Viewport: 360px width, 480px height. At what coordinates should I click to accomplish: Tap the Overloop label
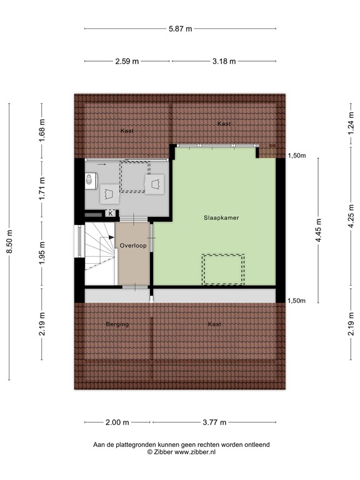pyautogui.click(x=133, y=246)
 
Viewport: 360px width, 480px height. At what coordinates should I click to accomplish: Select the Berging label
pyautogui.click(x=117, y=324)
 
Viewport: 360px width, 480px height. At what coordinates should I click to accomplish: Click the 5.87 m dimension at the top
pyautogui.click(x=181, y=28)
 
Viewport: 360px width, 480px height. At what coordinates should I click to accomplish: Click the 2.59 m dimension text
pyautogui.click(x=127, y=61)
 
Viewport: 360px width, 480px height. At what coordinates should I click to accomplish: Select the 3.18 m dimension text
pyautogui.click(x=224, y=61)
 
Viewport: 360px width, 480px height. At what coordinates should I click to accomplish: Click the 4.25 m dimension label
pyautogui.click(x=351, y=222)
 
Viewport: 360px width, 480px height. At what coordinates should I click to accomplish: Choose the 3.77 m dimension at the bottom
pyautogui.click(x=214, y=422)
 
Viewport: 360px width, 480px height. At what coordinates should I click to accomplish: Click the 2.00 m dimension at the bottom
pyautogui.click(x=117, y=422)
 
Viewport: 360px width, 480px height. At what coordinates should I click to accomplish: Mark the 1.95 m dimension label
pyautogui.click(x=42, y=253)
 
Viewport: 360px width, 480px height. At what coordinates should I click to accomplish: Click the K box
pyautogui.click(x=111, y=213)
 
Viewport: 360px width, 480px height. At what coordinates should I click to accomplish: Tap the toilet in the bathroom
pyautogui.click(x=91, y=181)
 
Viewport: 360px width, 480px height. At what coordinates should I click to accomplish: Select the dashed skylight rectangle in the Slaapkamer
pyautogui.click(x=222, y=269)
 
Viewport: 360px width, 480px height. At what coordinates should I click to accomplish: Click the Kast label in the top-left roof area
pyautogui.click(x=127, y=131)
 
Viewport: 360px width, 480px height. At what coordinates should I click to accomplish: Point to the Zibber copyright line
pyautogui.click(x=181, y=451)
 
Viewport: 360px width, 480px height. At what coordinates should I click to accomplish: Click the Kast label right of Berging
pyautogui.click(x=214, y=324)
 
